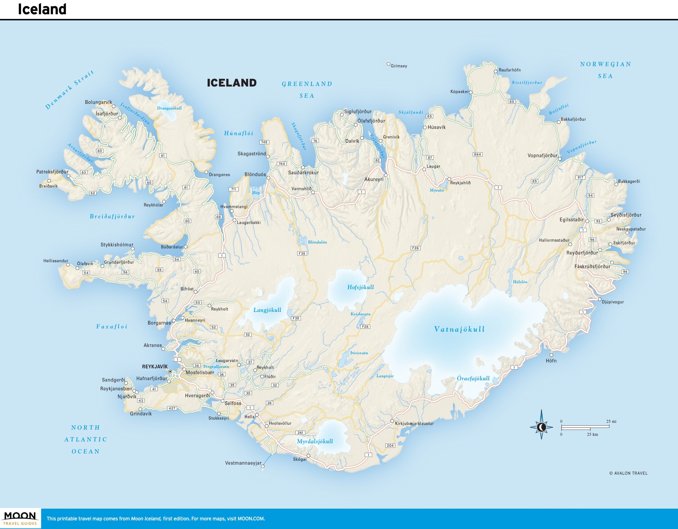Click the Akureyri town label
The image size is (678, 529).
tap(374, 179)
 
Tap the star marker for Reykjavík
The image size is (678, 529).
tap(170, 371)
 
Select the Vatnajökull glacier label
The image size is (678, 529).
tap(459, 329)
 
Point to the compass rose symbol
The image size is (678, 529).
tap(541, 427)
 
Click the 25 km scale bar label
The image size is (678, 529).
tap(592, 434)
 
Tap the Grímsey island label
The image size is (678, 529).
tap(399, 66)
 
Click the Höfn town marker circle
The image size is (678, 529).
tap(551, 355)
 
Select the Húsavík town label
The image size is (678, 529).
tap(436, 127)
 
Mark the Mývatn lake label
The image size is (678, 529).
tap(436, 190)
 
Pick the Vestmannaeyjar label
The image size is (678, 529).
tap(243, 463)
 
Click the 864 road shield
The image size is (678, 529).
tap(478, 154)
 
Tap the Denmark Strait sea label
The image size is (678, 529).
tap(69, 90)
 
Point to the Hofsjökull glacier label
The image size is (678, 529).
tap(360, 287)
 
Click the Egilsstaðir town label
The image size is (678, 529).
tap(572, 220)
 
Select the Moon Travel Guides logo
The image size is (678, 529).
tap(20, 518)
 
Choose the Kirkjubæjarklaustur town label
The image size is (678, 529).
tap(414, 424)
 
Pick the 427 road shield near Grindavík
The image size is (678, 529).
tap(172, 408)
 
